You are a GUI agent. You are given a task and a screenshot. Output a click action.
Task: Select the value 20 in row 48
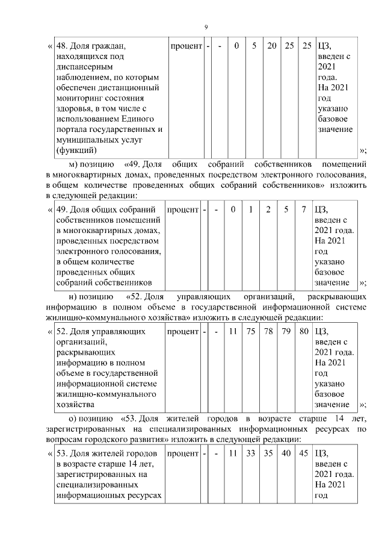pyautogui.click(x=272, y=46)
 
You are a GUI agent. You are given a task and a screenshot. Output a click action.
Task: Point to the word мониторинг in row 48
pyautogui.click(x=80, y=98)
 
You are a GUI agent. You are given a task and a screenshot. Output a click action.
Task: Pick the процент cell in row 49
pyautogui.click(x=183, y=210)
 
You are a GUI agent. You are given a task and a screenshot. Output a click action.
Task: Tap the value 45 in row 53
pyautogui.click(x=304, y=452)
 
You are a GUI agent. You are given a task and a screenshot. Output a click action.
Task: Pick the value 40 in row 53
pyautogui.click(x=287, y=452)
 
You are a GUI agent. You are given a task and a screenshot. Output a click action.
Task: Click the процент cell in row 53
pyautogui.click(x=183, y=452)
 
